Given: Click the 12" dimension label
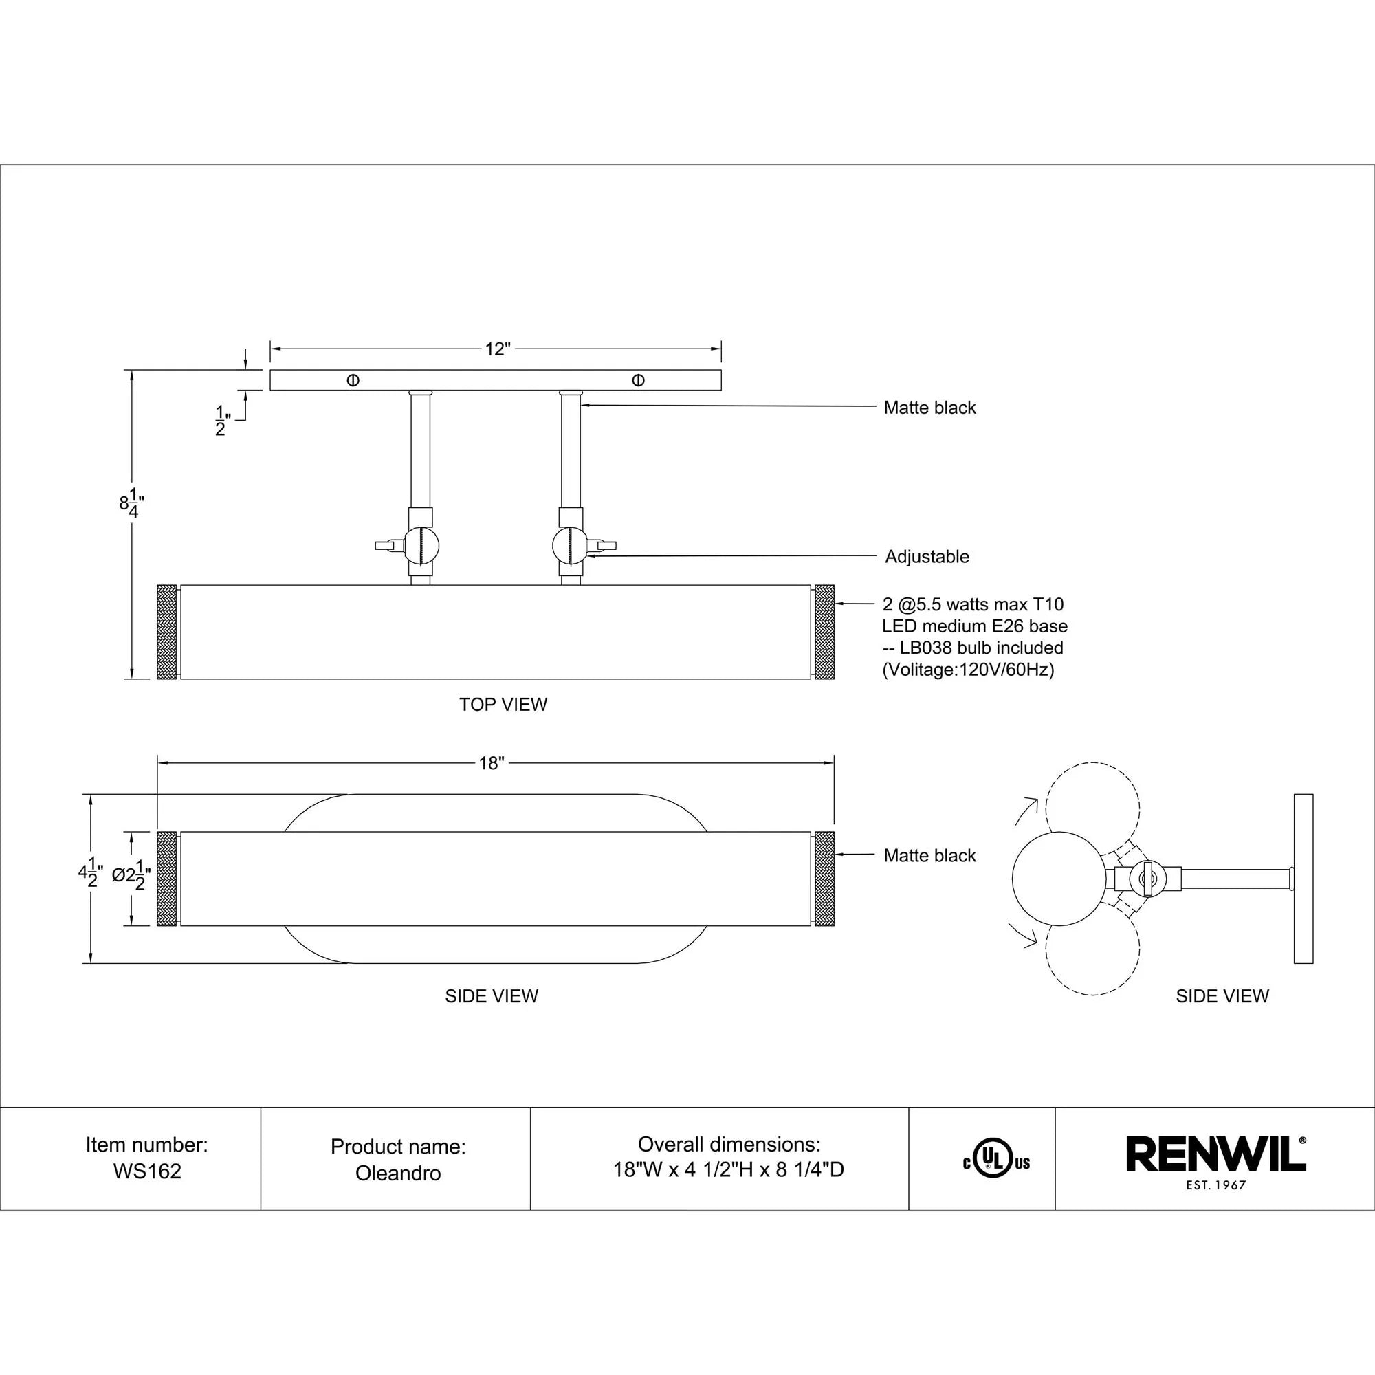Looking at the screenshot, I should tap(498, 349).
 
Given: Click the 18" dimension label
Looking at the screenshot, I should tap(491, 764).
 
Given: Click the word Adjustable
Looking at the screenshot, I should tap(927, 557).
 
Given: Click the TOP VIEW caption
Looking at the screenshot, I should tap(503, 705).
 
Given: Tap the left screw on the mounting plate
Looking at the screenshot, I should tap(353, 380).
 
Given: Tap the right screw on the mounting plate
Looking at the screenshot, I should tap(639, 380).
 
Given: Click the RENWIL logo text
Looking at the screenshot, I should tap(1215, 1154).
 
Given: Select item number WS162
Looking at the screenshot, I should tap(147, 1171).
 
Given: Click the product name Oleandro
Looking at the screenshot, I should tap(398, 1173).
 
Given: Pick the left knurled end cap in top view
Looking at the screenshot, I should tap(166, 631).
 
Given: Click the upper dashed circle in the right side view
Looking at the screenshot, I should tap(1092, 808).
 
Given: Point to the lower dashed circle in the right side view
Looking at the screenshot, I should tap(1092, 949).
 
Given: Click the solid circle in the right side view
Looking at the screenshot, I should tap(1058, 878).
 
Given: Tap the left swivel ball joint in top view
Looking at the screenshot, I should tap(423, 546).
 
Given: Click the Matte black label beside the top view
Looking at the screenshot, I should tap(929, 408).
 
